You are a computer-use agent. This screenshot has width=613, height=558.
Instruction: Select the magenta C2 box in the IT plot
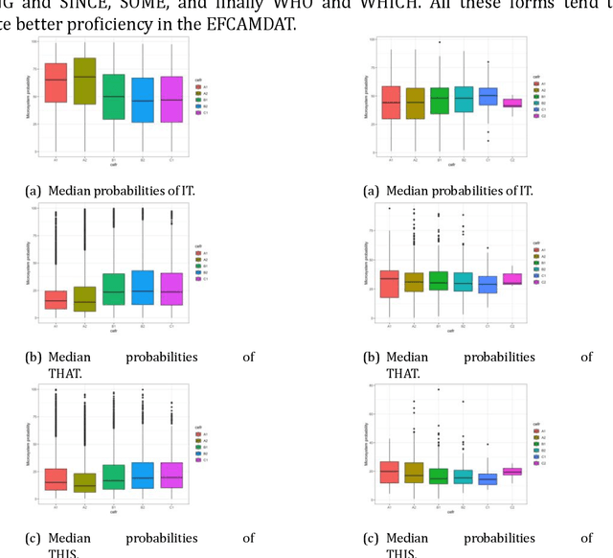pyautogui.click(x=512, y=103)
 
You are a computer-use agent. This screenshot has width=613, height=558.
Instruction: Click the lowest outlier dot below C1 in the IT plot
pyautogui.click(x=488, y=141)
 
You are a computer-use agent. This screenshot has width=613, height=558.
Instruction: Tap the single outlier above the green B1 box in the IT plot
pyautogui.click(x=440, y=42)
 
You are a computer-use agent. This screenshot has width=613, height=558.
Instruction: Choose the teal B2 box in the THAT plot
pyautogui.click(x=142, y=288)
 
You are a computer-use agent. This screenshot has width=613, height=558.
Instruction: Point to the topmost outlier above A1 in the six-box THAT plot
pyautogui.click(x=390, y=208)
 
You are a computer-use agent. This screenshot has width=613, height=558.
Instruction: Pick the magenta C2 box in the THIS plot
pyautogui.click(x=512, y=471)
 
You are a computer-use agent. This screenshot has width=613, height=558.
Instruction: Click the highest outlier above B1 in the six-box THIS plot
pyautogui.click(x=440, y=389)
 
